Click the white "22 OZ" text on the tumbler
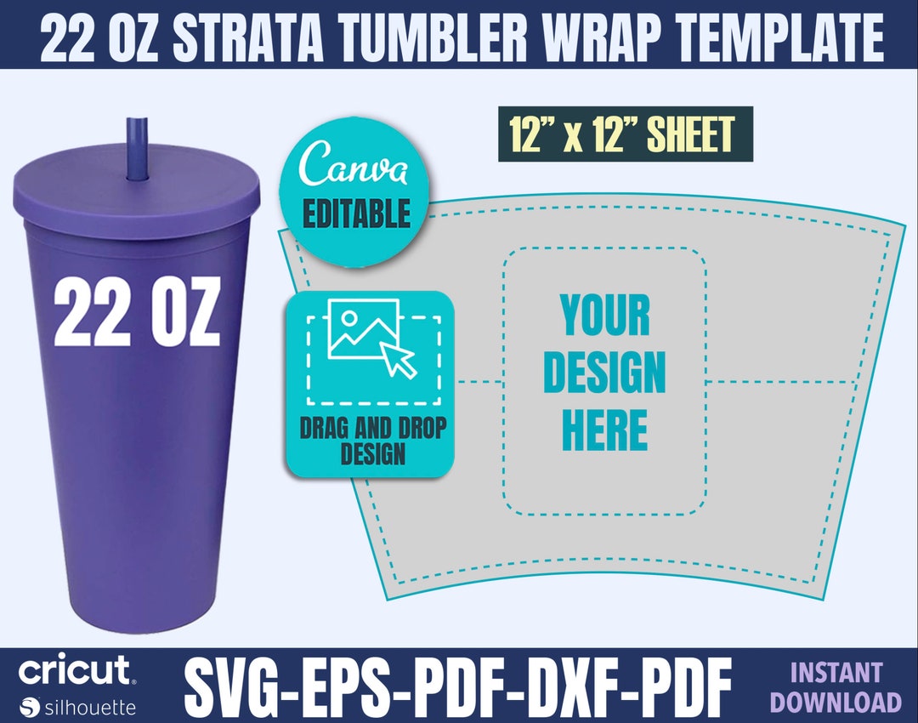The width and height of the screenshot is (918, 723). pyautogui.click(x=137, y=312)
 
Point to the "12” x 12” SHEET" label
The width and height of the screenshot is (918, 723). pyautogui.click(x=625, y=134)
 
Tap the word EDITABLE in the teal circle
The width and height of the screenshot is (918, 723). pyautogui.click(x=356, y=213)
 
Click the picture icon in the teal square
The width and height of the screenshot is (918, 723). pyautogui.click(x=363, y=327)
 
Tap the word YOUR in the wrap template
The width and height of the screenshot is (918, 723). pyautogui.click(x=605, y=316)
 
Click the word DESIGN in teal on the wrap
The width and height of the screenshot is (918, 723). pyautogui.click(x=604, y=373)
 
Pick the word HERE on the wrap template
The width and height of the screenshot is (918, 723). pyautogui.click(x=604, y=430)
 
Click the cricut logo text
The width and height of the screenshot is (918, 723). pyautogui.click(x=75, y=671)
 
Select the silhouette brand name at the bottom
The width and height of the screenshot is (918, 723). pyautogui.click(x=90, y=706)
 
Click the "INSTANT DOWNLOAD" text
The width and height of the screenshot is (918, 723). pyautogui.click(x=846, y=687)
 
